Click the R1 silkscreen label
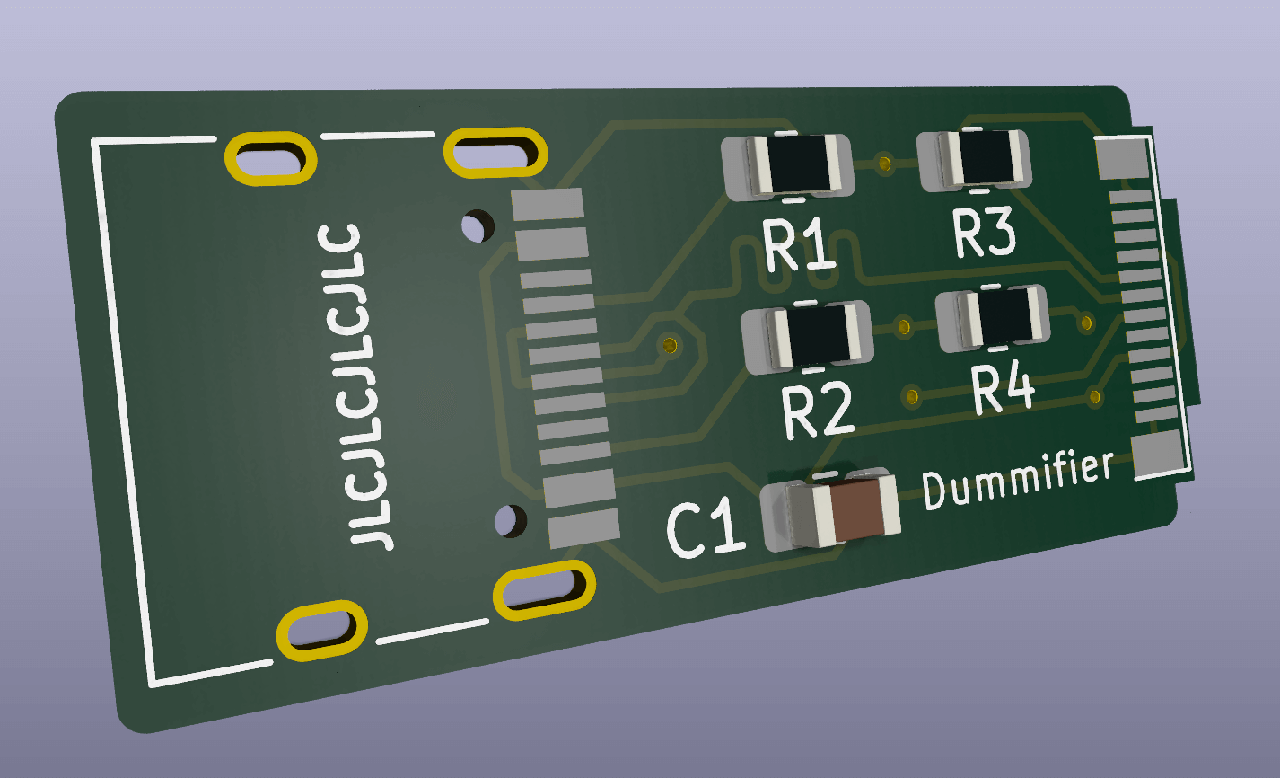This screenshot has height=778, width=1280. pyautogui.click(x=799, y=244)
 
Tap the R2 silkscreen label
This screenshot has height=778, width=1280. pyautogui.click(x=819, y=410)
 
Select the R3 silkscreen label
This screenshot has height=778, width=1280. pyautogui.click(x=985, y=233)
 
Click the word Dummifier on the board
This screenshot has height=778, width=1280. pyautogui.click(x=1018, y=480)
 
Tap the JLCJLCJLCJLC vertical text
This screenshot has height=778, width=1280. pyautogui.click(x=355, y=386)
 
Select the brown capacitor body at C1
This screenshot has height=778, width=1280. pyautogui.click(x=855, y=510)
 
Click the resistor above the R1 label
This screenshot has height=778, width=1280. pyautogui.click(x=788, y=165)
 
